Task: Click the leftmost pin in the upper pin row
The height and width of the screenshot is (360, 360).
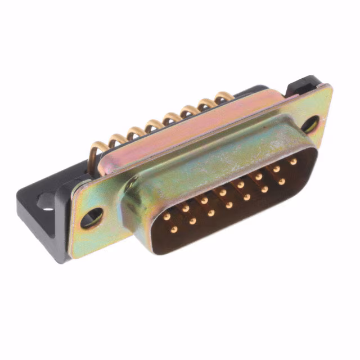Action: point(167,217)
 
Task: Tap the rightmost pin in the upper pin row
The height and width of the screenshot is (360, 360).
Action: point(293,161)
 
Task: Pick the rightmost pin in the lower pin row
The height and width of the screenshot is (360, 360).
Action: point(281,182)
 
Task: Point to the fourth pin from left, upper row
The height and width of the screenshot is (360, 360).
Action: point(223,192)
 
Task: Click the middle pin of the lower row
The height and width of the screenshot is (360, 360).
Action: point(229,205)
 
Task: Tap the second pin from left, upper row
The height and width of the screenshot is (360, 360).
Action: point(186,208)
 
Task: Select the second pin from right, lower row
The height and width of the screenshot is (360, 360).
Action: point(264,190)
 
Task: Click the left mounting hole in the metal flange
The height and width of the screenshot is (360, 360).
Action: point(92,217)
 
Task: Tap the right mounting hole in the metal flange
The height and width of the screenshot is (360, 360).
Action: point(310,124)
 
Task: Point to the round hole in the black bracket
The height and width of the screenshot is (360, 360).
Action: point(45,200)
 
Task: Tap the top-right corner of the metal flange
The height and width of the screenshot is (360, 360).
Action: point(327,87)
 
